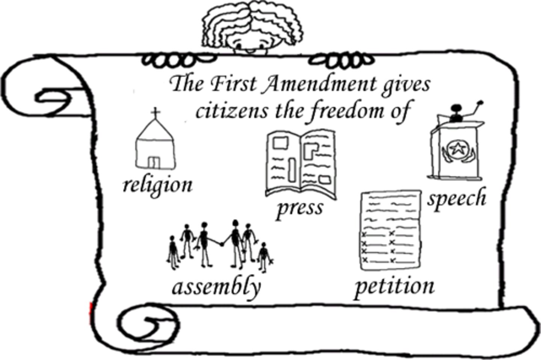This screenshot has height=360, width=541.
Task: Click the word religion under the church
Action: pyautogui.click(x=157, y=185)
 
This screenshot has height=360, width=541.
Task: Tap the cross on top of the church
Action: pyautogui.click(x=155, y=113)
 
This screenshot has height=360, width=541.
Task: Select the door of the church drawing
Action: pyautogui.click(x=154, y=162)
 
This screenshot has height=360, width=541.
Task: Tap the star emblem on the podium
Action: pyautogui.click(x=457, y=149)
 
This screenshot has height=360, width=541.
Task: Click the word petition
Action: pyautogui.click(x=394, y=287)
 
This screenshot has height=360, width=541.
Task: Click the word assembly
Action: pyautogui.click(x=216, y=287)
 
